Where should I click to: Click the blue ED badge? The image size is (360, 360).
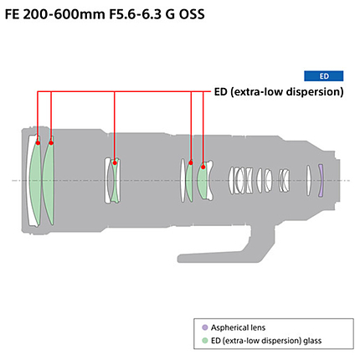323,76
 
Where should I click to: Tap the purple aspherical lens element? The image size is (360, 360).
321,181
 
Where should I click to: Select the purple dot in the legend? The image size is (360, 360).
205,327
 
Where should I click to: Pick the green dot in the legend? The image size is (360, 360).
205,341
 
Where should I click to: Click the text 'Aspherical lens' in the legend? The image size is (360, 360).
238,327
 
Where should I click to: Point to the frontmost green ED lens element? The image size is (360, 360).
34,181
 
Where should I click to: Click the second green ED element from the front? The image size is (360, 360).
48,181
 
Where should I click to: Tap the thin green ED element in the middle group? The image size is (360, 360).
115,180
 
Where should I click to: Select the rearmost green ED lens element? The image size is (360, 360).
203,180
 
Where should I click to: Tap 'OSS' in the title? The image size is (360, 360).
192,14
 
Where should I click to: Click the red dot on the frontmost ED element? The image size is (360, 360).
38,143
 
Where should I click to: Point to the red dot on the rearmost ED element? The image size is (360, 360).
203,167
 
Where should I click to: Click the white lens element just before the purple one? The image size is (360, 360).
308,180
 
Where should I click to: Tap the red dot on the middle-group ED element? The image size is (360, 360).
115,162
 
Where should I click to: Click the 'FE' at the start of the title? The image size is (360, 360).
12,14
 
